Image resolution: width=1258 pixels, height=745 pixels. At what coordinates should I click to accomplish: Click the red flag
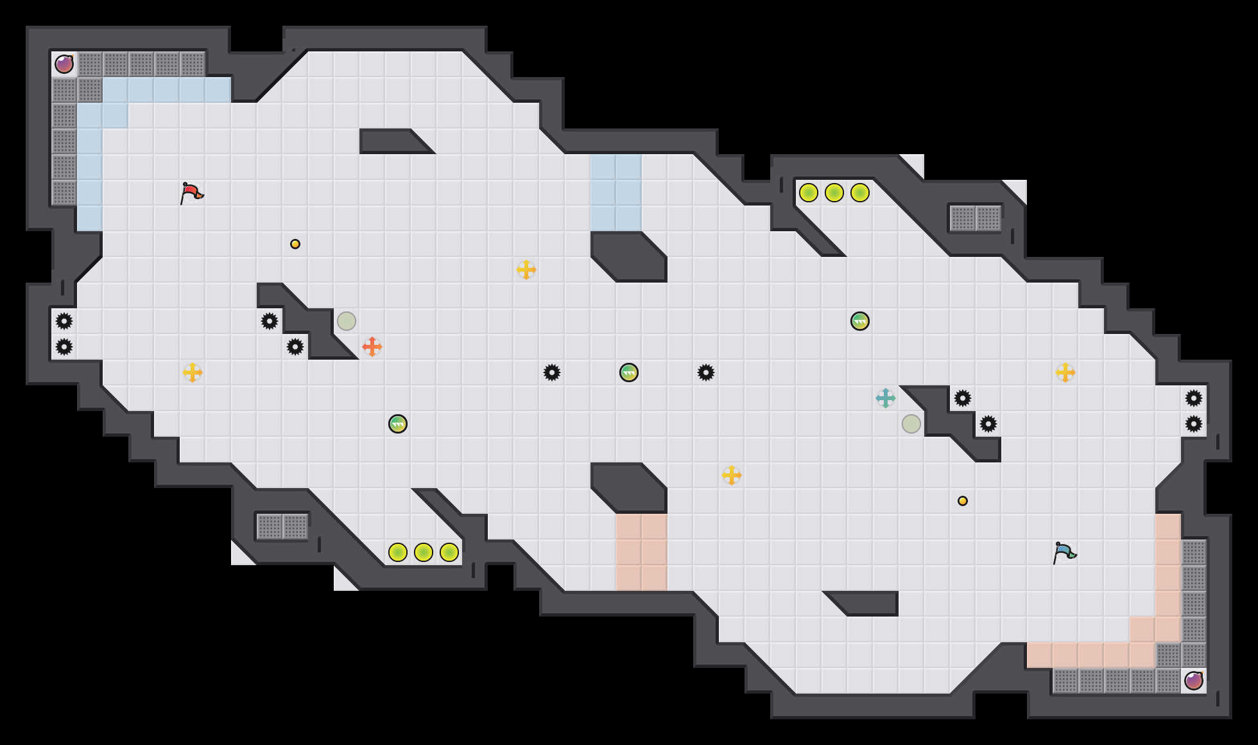(191, 192)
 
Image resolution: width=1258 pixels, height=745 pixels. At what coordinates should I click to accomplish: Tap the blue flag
(1064, 552)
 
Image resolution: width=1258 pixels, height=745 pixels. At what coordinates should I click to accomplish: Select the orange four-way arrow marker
(372, 347)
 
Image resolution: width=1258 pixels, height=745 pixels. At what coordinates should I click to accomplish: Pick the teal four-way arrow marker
(886, 398)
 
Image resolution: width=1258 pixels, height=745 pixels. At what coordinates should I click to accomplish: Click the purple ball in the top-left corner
(64, 64)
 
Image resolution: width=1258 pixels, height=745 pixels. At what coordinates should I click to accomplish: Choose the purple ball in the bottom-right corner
(1194, 680)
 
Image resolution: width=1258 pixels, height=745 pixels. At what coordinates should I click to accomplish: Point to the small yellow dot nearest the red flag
(295, 244)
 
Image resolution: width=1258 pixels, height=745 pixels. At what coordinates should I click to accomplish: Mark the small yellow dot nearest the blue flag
(963, 501)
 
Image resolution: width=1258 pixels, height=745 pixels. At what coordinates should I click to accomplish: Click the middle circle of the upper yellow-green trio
(834, 193)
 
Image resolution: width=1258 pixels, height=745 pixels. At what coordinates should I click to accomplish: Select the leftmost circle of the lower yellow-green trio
(398, 552)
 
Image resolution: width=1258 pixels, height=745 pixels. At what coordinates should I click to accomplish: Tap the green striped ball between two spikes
(629, 372)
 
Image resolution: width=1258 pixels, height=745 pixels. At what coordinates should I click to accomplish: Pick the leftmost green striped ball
(398, 424)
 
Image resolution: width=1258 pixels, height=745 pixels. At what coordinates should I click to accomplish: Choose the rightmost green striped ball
(860, 321)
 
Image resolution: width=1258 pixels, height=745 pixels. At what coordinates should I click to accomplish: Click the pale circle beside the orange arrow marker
(347, 321)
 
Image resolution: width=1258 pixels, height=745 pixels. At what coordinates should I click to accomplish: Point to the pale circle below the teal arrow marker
(911, 424)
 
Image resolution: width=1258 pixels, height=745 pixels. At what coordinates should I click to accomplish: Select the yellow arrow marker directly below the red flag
(193, 372)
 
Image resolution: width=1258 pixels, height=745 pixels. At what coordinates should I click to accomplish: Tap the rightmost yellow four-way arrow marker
(1065, 372)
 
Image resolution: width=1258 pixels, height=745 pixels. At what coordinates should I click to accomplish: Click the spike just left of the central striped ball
(552, 372)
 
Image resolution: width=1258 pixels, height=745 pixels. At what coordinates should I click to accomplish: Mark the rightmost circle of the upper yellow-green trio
(860, 193)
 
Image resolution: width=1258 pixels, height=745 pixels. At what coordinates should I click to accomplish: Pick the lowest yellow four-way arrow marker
(732, 475)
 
